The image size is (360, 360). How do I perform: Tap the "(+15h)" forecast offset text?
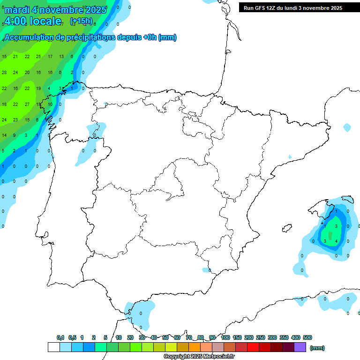tap(82, 21)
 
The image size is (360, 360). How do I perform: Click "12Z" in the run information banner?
tap(272, 8)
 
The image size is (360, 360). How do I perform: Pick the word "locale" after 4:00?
tap(45, 21)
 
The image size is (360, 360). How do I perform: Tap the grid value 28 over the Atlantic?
tap(4, 73)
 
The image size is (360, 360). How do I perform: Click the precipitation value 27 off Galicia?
tap(27, 104)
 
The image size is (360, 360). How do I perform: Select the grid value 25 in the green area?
tap(38, 57)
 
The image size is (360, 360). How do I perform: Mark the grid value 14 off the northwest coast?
tap(4, 135)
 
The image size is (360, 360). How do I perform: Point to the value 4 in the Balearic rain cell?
tap(337, 241)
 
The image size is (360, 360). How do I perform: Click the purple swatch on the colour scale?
tap(300, 347)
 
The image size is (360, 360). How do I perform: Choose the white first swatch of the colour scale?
tap(53, 347)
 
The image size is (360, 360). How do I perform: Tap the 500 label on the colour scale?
tap(307, 337)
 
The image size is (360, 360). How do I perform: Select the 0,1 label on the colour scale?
tap(60, 337)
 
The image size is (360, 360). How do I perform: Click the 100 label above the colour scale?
tap(225, 337)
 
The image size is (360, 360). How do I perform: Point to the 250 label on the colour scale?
tap(260, 337)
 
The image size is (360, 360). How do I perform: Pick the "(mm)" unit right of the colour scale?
tap(317, 348)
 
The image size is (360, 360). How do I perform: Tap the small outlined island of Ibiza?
tap(287, 228)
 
